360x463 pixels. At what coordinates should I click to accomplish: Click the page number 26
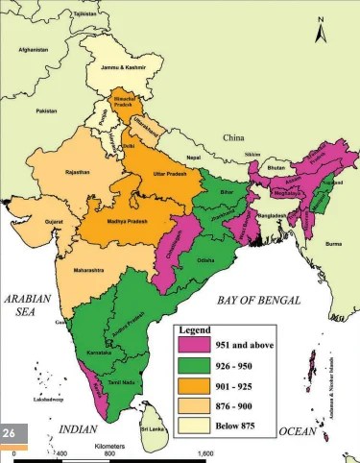click(12, 433)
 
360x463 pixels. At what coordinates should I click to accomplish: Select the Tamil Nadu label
click(119, 381)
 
